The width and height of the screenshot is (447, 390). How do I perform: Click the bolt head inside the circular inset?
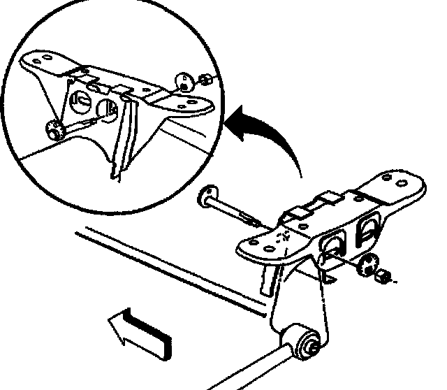[52, 129]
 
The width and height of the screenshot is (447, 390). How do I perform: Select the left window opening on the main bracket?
[331, 245]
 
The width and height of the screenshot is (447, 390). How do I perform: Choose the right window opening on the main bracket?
[368, 231]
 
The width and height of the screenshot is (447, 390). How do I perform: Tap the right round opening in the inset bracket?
[108, 108]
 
